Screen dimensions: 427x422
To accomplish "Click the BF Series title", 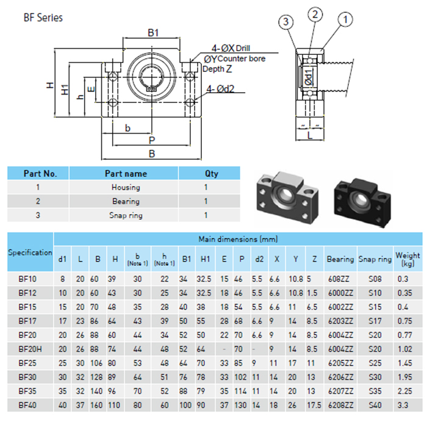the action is (43, 18).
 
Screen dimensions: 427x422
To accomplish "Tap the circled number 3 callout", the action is (286, 21).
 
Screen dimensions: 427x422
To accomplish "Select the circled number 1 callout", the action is (345, 20).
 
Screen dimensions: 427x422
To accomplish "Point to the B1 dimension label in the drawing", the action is (153, 33).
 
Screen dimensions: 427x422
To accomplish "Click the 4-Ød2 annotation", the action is (220, 89).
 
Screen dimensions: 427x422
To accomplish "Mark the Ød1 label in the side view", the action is (309, 77).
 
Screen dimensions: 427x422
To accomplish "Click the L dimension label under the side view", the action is (310, 135).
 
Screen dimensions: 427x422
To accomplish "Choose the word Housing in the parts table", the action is (126, 187).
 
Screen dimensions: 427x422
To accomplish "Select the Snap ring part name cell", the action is (126, 215).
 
